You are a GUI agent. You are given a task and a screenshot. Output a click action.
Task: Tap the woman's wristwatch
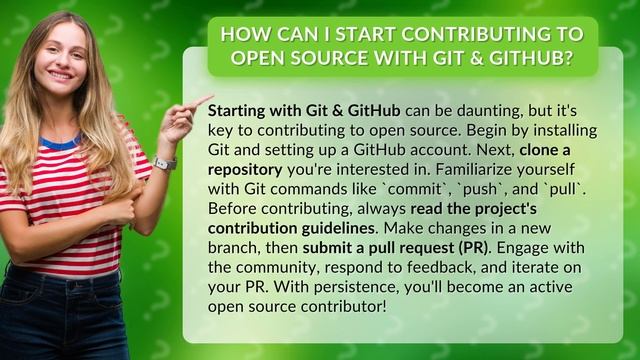point(166,163)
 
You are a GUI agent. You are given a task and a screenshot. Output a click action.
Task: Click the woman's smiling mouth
point(60,74)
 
